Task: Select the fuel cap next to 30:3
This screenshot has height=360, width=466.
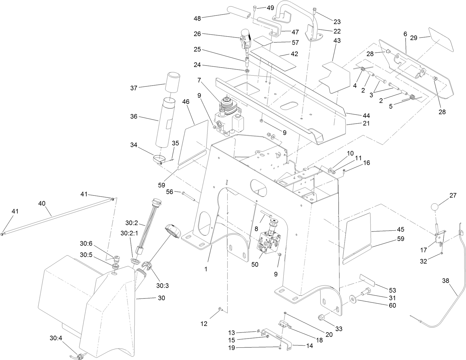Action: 173,231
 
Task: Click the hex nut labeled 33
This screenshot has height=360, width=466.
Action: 321,317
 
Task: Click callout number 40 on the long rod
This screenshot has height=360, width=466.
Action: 42,203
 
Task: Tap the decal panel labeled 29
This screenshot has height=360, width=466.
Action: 441,39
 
